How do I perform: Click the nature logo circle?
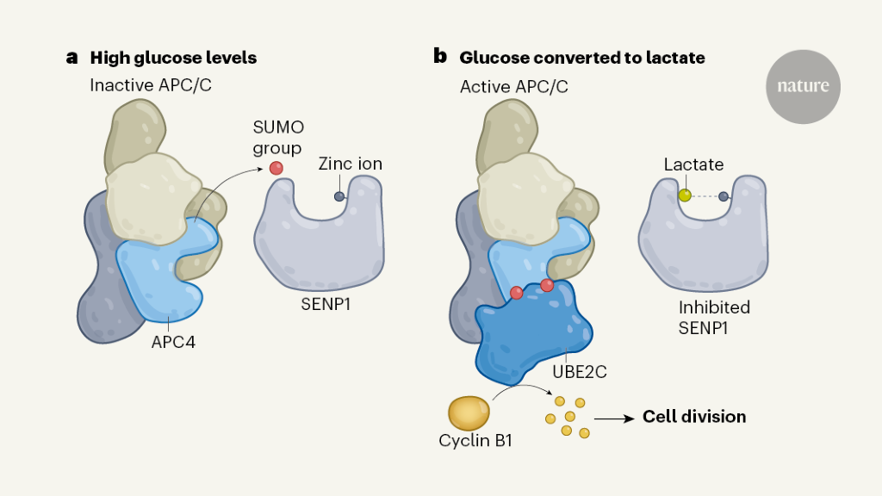point(803,87)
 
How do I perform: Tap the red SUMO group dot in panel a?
point(276,168)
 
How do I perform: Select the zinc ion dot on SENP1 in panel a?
point(339,196)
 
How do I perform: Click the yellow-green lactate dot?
point(685,195)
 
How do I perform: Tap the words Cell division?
point(694,417)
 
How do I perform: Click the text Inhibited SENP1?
point(712,317)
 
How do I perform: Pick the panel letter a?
point(72,58)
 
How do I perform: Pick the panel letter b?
point(440,57)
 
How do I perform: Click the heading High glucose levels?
point(173,59)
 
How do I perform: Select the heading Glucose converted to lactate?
point(582,59)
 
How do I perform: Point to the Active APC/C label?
point(513,86)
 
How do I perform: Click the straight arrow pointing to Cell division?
point(614,418)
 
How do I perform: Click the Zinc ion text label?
point(350,164)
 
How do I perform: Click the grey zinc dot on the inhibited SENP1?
point(724,196)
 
